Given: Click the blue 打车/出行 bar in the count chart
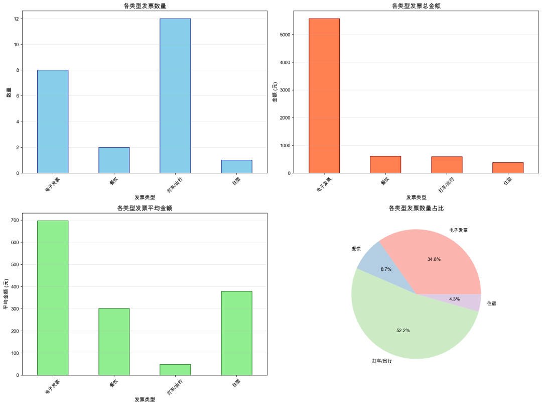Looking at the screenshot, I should [175, 95].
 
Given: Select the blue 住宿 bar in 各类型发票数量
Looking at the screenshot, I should [236, 166].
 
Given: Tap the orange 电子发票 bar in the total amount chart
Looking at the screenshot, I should [324, 95].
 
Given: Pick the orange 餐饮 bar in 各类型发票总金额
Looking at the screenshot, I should [385, 165].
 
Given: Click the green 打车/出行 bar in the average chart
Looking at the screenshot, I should [175, 369].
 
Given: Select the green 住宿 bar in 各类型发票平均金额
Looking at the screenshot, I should [236, 333].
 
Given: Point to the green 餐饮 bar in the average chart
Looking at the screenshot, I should [114, 341].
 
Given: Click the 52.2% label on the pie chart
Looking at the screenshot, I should [402, 330].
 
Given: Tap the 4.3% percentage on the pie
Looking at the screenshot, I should [455, 299].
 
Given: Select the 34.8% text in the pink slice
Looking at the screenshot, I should [434, 259].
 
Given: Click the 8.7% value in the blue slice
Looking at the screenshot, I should [386, 269].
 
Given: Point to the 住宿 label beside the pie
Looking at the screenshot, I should [492, 303].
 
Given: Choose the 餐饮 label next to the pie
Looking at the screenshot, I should [356, 249].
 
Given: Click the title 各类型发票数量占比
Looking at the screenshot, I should [416, 208].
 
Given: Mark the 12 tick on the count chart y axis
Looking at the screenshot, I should [16, 19].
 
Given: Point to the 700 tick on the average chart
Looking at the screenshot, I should [14, 220].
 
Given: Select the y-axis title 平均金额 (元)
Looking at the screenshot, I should [6, 294].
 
